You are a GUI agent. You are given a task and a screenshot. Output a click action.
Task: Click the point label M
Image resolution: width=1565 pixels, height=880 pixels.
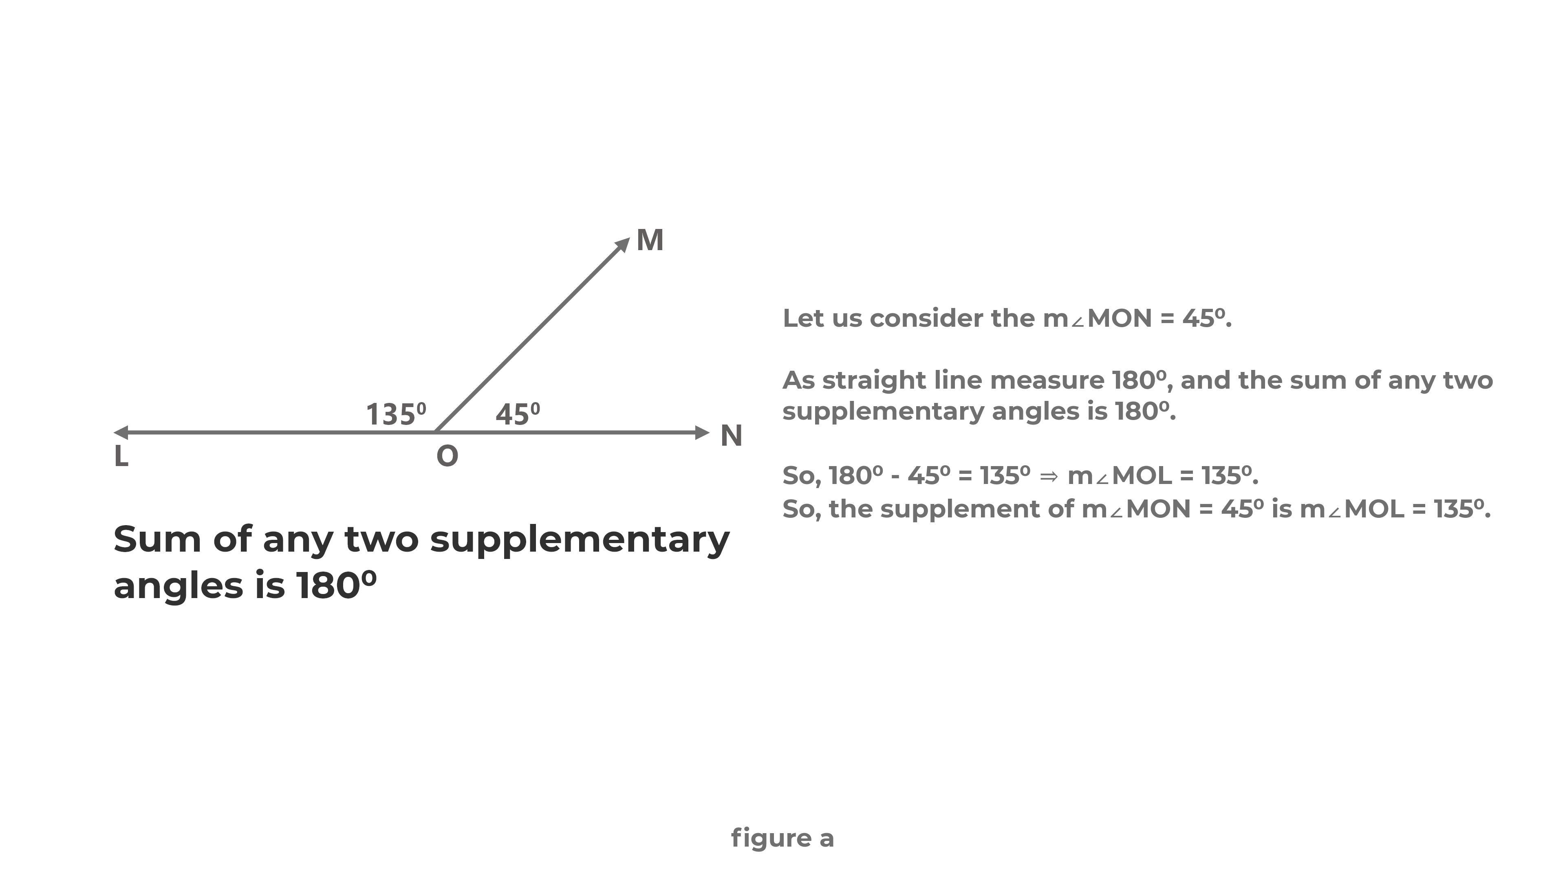[x=650, y=240]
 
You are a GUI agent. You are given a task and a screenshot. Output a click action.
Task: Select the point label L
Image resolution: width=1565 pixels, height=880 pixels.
[x=121, y=457]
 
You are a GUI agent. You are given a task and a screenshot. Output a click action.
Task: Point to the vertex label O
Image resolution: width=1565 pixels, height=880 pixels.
[x=447, y=456]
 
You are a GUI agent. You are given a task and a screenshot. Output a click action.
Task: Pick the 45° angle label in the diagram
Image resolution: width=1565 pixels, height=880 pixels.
[x=517, y=415]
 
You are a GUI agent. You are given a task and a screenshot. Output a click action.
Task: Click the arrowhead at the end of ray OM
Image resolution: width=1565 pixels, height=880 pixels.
[x=623, y=245]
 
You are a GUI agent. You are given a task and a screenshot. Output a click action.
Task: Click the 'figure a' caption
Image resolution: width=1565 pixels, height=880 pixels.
[x=782, y=838]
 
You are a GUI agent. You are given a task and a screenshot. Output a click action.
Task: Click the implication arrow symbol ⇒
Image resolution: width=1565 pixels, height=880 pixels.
[x=1049, y=476]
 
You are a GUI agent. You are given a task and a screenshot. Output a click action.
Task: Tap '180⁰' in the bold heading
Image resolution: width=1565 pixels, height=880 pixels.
[x=336, y=586]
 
